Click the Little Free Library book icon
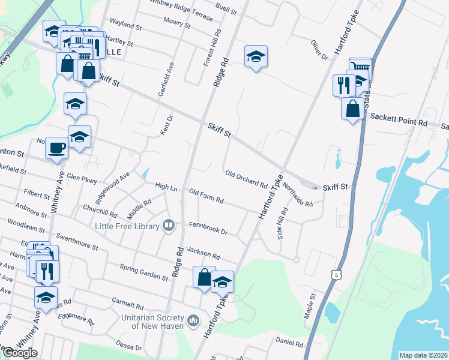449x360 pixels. (x=169, y=226)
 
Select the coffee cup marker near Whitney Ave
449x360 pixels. (x=57, y=147)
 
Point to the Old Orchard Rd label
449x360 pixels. (x=246, y=178)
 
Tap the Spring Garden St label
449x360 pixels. (x=144, y=272)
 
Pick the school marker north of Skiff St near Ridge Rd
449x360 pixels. (x=256, y=57)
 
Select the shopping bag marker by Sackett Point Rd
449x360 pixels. (x=353, y=109)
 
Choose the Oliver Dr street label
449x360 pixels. (x=319, y=49)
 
